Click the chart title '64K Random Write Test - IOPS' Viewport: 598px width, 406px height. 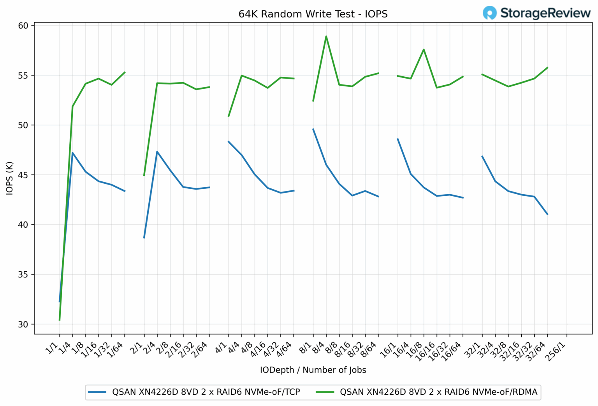pyautogui.click(x=313, y=14)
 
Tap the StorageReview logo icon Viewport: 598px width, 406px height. pyautogui.click(x=489, y=13)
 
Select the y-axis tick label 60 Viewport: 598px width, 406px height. pyautogui.click(x=23, y=26)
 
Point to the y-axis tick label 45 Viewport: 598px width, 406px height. pyautogui.click(x=23, y=175)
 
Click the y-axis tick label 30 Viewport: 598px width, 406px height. pyautogui.click(x=23, y=324)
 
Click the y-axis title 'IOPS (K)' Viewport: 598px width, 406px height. pyautogui.click(x=10, y=178)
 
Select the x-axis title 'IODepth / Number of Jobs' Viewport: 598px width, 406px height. pyautogui.click(x=313, y=370)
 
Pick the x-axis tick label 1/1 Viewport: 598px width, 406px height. pyautogui.click(x=53, y=347)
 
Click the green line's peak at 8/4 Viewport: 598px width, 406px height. pyautogui.click(x=326, y=36)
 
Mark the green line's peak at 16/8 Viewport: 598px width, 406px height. pyautogui.click(x=424, y=49)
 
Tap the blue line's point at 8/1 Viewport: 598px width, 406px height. pyautogui.click(x=313, y=129)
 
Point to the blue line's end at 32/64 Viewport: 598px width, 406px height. pyautogui.click(x=547, y=214)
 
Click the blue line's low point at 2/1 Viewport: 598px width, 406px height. pyautogui.click(x=144, y=237)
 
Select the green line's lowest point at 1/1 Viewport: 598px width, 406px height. pyautogui.click(x=60, y=320)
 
